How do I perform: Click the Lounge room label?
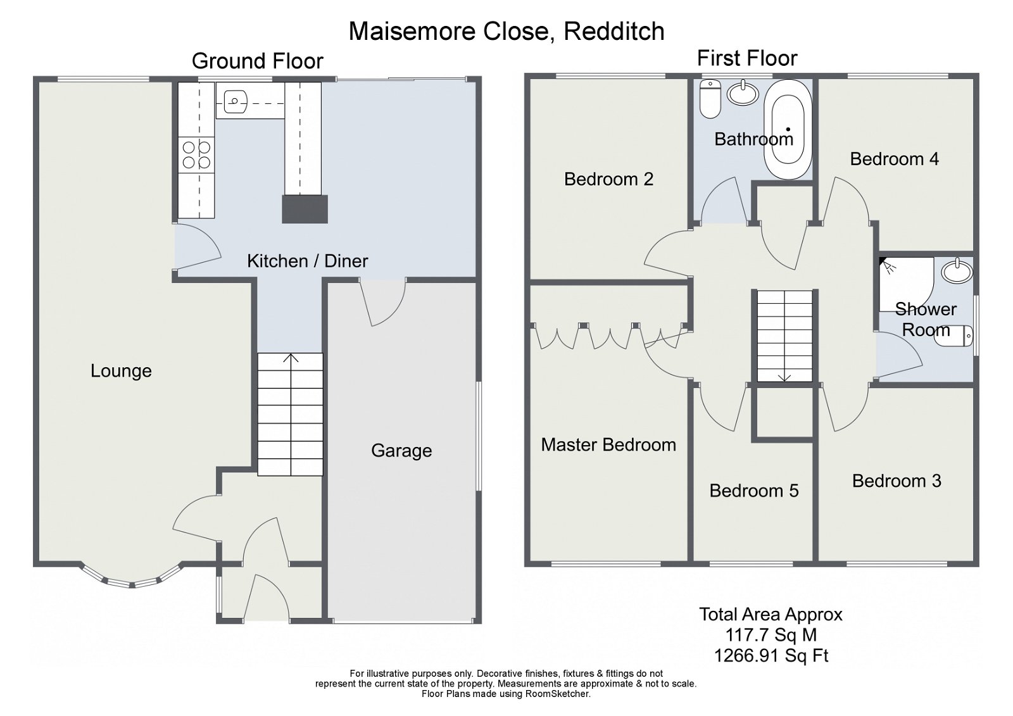(x=121, y=371)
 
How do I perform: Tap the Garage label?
(x=401, y=451)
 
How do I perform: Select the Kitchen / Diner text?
(x=307, y=261)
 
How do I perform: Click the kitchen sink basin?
(x=234, y=100)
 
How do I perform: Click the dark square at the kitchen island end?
(x=305, y=210)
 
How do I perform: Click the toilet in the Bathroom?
(x=711, y=98)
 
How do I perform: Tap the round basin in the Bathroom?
(x=743, y=94)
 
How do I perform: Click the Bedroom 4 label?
(x=894, y=159)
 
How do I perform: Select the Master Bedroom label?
(x=608, y=445)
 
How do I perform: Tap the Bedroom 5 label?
(x=753, y=491)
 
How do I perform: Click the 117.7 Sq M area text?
(x=771, y=635)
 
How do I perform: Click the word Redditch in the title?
(x=613, y=31)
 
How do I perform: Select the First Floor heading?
(x=746, y=58)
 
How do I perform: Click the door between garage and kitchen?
(x=382, y=303)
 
